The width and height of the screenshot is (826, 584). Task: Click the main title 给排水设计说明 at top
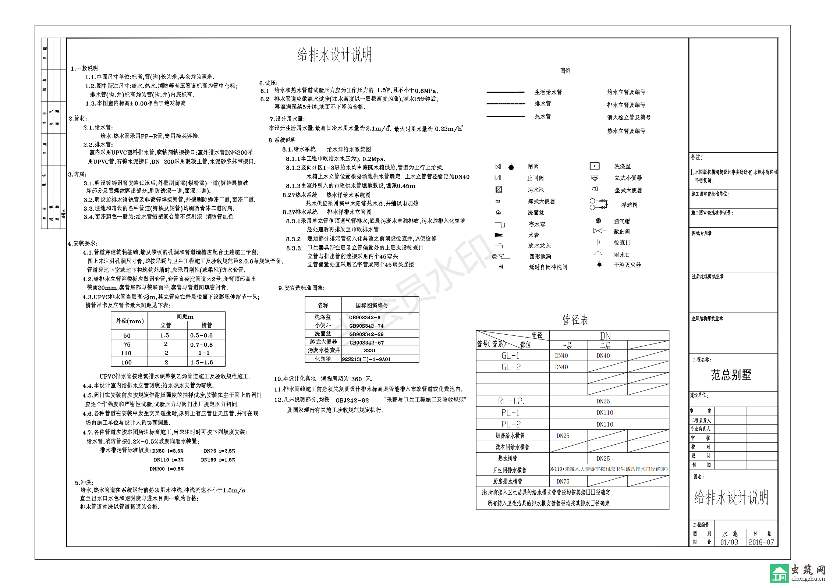point(334,54)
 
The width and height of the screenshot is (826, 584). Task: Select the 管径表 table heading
point(575,320)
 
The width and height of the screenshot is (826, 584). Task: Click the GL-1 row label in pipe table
point(510,356)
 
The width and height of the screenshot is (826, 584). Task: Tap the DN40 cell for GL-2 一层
point(561,367)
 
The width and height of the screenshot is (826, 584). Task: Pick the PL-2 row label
point(511,424)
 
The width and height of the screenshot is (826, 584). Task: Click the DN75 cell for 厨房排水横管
point(563,481)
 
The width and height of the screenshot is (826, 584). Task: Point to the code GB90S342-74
point(366,326)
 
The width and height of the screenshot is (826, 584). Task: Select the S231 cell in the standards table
point(369,350)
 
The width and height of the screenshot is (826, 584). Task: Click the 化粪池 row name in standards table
point(323,359)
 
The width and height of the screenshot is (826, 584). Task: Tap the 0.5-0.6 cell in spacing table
point(201,335)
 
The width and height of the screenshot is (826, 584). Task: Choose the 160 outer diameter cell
point(126,362)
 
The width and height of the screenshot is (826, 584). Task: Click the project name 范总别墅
point(731,375)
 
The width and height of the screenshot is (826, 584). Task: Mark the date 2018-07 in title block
point(761,542)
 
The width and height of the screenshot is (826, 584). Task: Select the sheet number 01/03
point(729,542)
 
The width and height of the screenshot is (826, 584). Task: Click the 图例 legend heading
point(565,71)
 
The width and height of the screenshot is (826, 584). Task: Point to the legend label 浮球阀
point(629,205)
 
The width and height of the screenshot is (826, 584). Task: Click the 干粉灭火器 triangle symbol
point(599,264)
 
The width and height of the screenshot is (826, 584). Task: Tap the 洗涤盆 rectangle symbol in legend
point(595,166)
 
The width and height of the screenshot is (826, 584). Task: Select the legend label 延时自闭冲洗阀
point(548,267)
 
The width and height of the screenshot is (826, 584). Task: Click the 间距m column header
point(185,316)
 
